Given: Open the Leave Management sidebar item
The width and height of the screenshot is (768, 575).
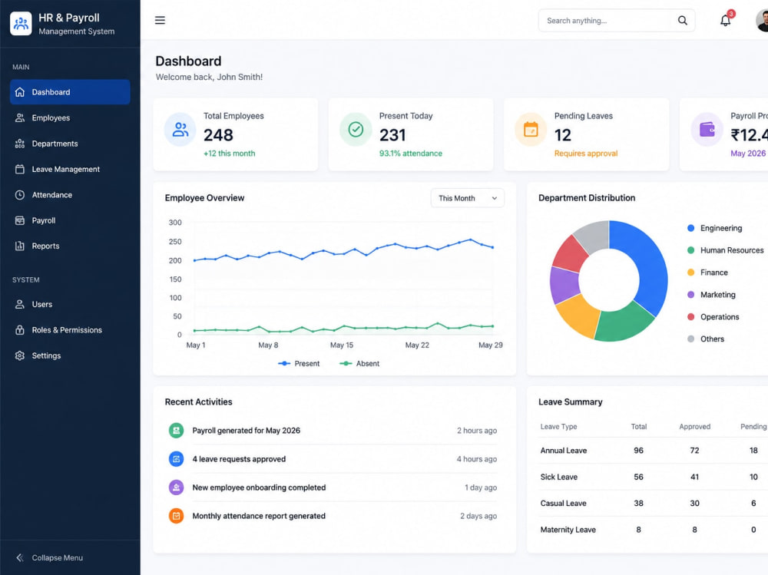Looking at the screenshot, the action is tap(65, 169).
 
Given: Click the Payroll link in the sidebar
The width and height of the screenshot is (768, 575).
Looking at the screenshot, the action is tap(44, 220).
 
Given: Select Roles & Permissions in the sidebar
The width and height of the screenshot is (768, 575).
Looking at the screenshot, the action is tap(67, 330).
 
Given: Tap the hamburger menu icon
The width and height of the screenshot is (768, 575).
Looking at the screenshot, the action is tap(160, 20).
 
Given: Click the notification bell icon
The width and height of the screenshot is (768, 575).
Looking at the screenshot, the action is tap(726, 21).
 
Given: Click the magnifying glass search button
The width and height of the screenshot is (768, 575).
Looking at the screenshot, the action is tap(682, 21).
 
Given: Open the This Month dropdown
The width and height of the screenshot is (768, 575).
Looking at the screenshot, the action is tap(467, 198).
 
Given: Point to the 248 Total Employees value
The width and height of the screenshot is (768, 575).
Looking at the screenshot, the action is tap(218, 134).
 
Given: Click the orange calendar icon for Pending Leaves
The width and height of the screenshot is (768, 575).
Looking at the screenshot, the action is tap(531, 129).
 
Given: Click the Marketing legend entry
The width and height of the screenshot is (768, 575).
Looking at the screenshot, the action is tap(712, 295).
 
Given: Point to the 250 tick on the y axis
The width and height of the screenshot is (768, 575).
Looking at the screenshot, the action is tap(175, 242).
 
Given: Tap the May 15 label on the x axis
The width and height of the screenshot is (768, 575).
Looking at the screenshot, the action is tap(342, 345).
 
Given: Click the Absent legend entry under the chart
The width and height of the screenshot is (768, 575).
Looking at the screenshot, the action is tap(359, 363).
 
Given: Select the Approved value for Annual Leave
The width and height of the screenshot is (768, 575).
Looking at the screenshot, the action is tap(694, 451).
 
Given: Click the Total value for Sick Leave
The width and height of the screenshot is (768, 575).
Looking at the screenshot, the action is tap(639, 477).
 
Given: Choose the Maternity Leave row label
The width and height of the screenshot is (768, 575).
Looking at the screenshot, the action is tap(568, 530).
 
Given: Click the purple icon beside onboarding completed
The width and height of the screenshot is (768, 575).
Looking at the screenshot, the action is tap(177, 487).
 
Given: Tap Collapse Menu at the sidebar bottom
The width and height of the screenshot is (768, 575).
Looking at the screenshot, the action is tap(49, 557).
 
